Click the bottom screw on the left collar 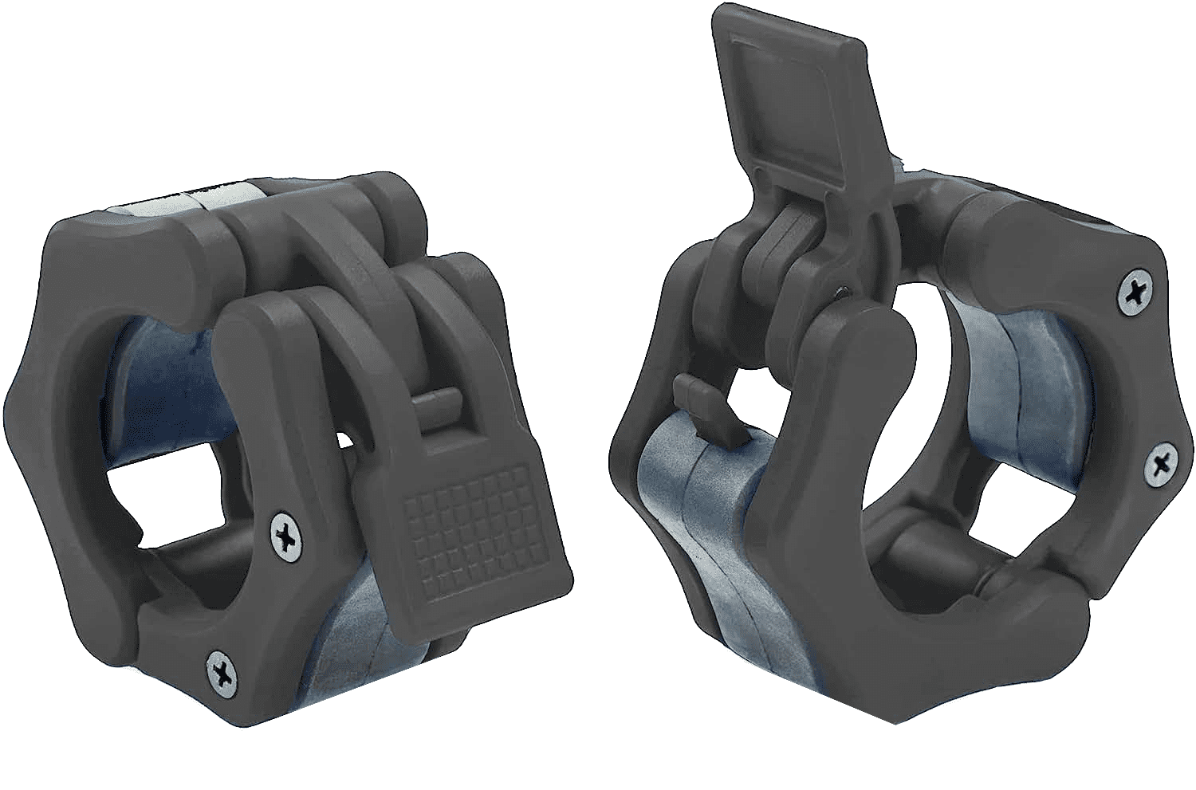coord(221,664)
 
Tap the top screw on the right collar coord(1133,293)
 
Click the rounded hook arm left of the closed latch coord(263,335)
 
